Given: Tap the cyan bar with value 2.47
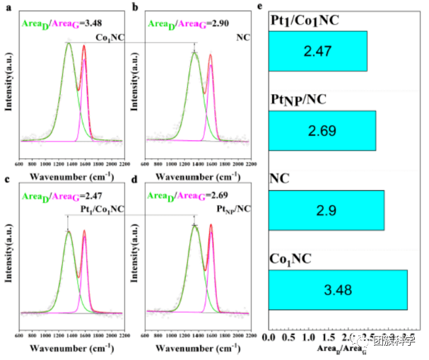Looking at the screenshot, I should [317, 50].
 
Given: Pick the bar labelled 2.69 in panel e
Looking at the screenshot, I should [322, 130].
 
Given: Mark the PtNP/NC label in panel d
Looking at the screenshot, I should [232, 207].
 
